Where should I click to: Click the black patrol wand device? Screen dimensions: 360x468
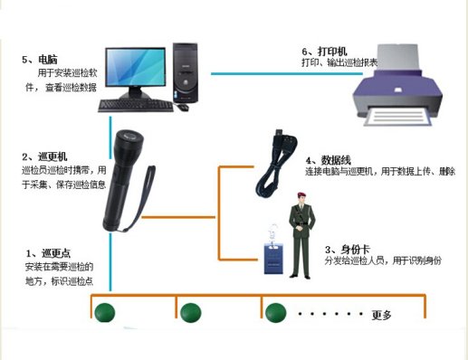123,182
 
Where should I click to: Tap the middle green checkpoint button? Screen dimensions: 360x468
189,313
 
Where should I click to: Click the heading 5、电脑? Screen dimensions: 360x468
39,60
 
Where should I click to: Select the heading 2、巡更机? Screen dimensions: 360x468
43,156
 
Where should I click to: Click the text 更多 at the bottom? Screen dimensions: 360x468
381,315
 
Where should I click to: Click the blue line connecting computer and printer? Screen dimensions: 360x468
272,72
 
